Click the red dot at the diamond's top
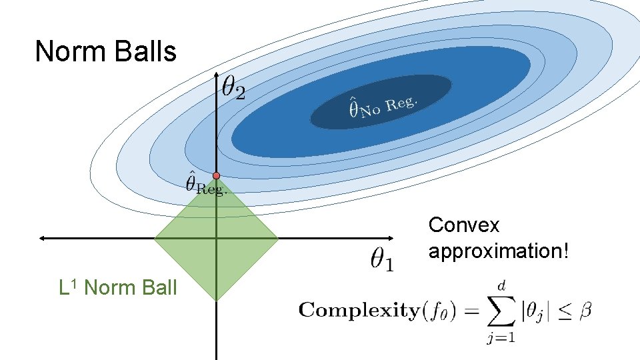tap(216, 175)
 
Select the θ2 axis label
tap(233, 88)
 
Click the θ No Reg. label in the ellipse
tap(384, 107)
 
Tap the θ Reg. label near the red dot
tap(205, 183)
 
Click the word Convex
tap(463, 225)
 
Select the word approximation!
tap(499, 251)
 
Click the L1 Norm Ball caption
tap(118, 287)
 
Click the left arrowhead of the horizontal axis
tap(41, 237)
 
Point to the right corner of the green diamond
tap(277, 237)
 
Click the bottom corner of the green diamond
tap(217, 299)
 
